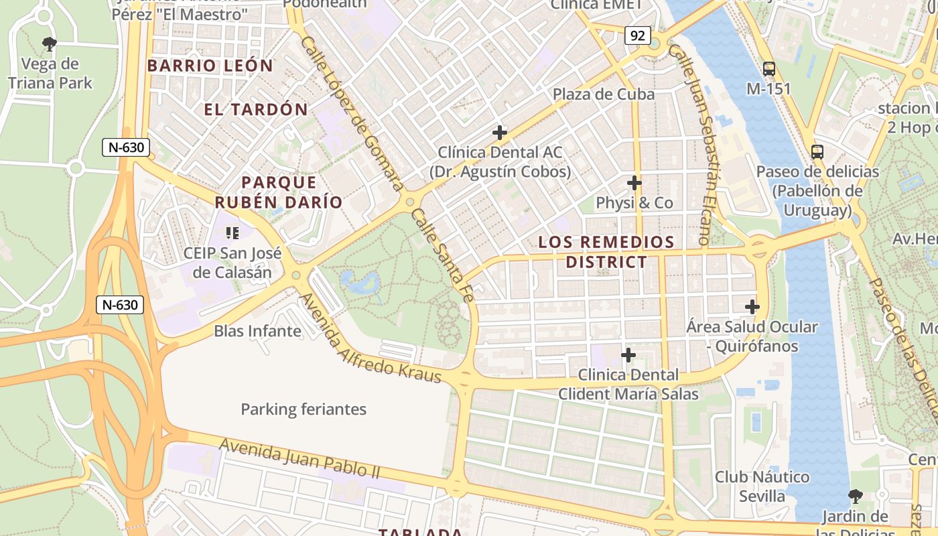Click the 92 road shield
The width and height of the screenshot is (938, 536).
pos(637,36)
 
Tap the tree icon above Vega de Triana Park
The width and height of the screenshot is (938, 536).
pos(49,45)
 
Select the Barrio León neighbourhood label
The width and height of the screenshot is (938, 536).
pos(210,66)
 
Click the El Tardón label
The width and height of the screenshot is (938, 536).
pos(256,109)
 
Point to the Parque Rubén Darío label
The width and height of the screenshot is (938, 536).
pos(278,192)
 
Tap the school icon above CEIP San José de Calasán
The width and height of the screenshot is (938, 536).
pos(232,233)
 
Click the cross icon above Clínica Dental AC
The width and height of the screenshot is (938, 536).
pos(500,132)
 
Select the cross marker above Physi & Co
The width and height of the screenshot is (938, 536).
pos(634,182)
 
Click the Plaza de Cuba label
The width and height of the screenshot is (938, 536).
pos(604,94)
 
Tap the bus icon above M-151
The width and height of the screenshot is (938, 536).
pos(769,68)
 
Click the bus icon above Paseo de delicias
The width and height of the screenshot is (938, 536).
pos(817,152)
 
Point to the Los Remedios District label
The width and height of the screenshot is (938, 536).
pos(606,251)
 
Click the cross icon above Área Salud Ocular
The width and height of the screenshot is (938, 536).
pos(752,307)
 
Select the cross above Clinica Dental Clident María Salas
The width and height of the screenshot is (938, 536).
pos(628,354)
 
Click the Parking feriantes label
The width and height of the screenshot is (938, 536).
pos(304,409)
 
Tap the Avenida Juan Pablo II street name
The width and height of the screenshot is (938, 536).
pos(299,458)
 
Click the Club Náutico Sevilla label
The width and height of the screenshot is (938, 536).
pos(762,486)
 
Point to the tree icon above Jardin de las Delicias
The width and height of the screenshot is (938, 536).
pos(855,496)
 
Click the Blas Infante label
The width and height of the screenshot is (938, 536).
pos(257,331)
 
